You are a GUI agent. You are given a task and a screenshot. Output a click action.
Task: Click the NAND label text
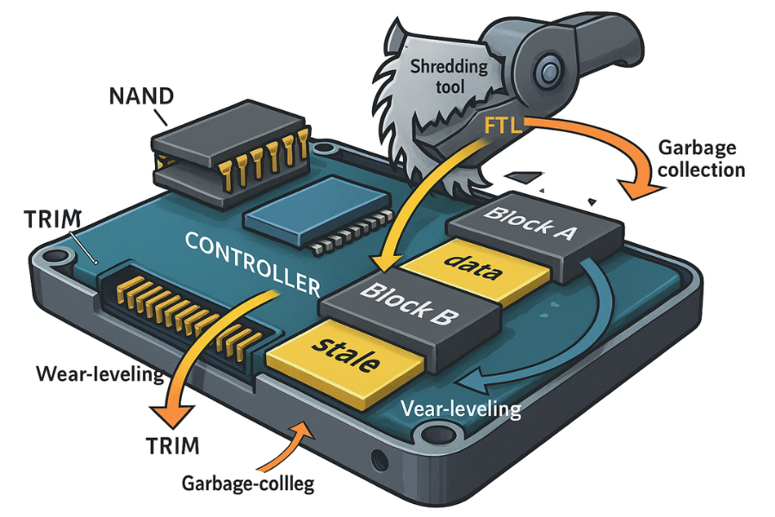click(142, 96)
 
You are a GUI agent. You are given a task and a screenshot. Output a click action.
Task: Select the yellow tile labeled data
click(475, 268)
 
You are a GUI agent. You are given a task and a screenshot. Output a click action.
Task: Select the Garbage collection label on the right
click(701, 159)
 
